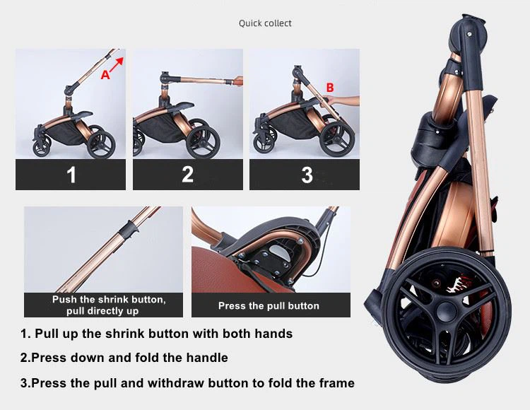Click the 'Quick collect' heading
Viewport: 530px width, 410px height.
265,23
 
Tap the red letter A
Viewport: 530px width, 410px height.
105,75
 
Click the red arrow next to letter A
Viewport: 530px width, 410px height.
117,64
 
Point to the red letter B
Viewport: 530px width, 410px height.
330,88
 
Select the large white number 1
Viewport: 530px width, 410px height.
71,175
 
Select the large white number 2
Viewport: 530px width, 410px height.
188,175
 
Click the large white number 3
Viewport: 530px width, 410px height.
307,175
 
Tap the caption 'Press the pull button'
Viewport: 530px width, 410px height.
269,306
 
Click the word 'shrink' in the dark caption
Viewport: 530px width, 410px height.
113,300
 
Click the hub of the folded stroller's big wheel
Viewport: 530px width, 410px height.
446,312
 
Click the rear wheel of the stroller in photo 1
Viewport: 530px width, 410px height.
101,144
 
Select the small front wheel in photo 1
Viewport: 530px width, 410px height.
42,147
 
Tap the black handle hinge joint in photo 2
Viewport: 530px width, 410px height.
165,78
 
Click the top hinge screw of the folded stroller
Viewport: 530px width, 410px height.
469,34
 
